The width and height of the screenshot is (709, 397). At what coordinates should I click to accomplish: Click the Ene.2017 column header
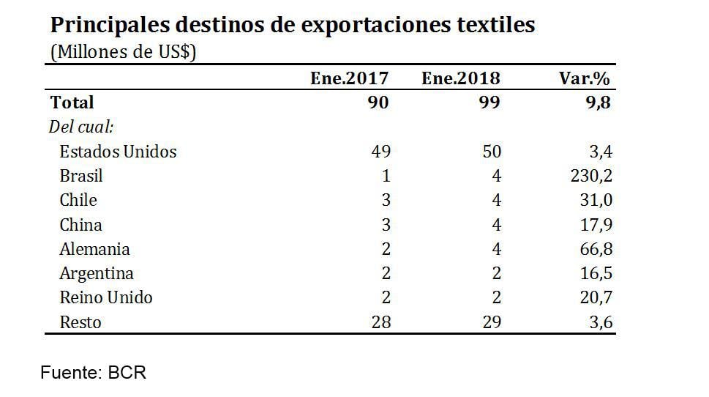click(349, 78)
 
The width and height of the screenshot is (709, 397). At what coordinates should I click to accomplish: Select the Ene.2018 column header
click(460, 78)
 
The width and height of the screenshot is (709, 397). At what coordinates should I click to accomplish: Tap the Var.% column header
click(583, 78)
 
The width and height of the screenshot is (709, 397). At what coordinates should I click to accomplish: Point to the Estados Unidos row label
click(118, 152)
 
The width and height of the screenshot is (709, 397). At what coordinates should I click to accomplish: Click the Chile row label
click(78, 200)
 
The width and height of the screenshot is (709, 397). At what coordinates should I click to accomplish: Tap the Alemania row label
click(94, 249)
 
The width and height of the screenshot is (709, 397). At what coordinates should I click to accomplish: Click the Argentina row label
click(97, 273)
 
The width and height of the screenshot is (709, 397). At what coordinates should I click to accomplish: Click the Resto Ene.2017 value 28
click(380, 322)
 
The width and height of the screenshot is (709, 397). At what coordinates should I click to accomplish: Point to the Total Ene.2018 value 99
click(489, 103)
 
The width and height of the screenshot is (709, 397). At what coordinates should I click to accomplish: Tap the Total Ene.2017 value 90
click(378, 103)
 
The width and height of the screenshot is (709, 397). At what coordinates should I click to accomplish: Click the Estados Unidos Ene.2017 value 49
click(380, 152)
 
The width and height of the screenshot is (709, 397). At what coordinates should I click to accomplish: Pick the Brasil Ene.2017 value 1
click(386, 177)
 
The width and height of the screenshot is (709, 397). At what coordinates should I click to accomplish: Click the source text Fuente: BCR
click(93, 372)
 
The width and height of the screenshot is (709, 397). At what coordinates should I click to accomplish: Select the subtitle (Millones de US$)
click(123, 53)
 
